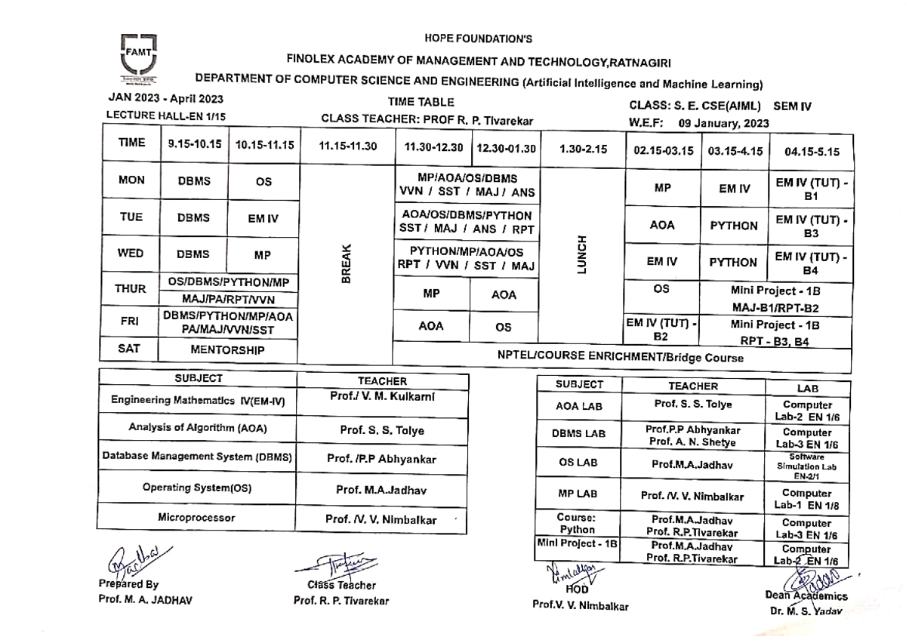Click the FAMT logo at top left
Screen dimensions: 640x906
pyautogui.click(x=137, y=57)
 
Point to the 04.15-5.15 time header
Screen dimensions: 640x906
pyautogui.click(x=811, y=151)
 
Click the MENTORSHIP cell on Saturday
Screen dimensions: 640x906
pyautogui.click(x=227, y=350)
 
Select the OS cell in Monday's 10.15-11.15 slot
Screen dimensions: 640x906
pyautogui.click(x=264, y=182)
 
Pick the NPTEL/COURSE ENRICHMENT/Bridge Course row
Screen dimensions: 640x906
pyautogui.click(x=620, y=358)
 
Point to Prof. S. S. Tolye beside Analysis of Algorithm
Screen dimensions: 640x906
pyautogui.click(x=381, y=431)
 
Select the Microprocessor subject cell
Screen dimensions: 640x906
pyautogui.click(x=196, y=518)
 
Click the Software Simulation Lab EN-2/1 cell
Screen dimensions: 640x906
pyautogui.click(x=807, y=466)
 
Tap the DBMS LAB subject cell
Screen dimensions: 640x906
pyautogui.click(x=579, y=435)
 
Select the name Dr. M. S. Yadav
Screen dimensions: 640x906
pyautogui.click(x=806, y=612)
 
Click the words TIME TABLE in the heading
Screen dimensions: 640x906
pyautogui.click(x=421, y=103)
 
